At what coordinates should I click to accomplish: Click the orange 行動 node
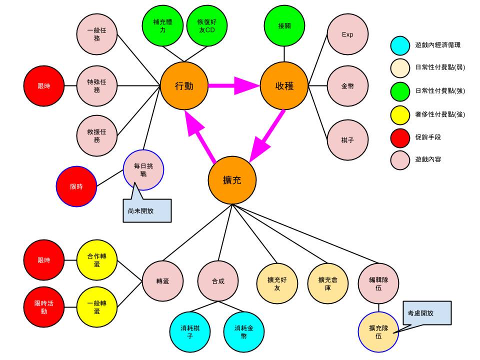(184, 86)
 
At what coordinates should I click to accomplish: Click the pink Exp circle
(347, 35)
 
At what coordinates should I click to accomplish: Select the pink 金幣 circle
(347, 86)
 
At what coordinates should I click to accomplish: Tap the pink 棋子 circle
(347, 140)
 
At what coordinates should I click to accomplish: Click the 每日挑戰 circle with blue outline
(144, 169)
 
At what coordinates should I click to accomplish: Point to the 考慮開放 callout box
(426, 312)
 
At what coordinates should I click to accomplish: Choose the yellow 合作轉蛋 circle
(97, 260)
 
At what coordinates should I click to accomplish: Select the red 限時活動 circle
(44, 307)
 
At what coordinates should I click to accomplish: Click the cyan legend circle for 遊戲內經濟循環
(400, 45)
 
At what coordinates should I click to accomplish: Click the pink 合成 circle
(217, 281)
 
